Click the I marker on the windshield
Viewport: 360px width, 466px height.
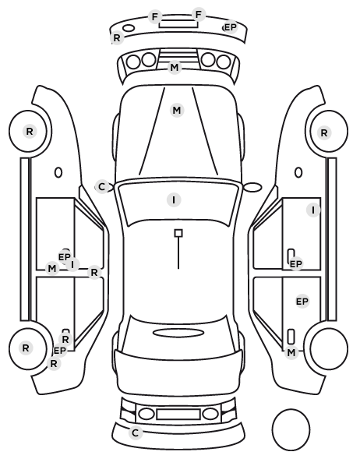coord(174,199)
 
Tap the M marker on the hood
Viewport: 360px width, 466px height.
coord(177,110)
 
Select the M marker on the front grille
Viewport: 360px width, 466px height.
coord(175,68)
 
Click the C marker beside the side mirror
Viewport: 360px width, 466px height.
coord(101,187)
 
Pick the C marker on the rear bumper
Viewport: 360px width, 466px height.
coord(136,432)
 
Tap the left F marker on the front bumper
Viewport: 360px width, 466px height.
coord(155,16)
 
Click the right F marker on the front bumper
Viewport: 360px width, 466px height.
coord(199,14)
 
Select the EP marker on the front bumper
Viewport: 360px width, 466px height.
coord(231,27)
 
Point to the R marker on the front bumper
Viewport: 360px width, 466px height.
coord(117,37)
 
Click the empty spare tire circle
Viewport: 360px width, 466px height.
coord(291,429)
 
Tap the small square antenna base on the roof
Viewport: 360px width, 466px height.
coord(178,233)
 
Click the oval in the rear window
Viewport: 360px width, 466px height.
coord(178,333)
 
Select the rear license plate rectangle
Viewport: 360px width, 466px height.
coord(178,415)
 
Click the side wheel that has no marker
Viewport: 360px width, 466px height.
coord(329,348)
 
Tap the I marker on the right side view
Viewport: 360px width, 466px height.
coord(313,210)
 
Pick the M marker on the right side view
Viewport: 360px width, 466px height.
coord(291,352)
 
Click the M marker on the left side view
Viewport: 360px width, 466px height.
coord(52,268)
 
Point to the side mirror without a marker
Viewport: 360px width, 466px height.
coord(252,187)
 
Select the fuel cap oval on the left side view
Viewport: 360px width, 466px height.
coord(58,172)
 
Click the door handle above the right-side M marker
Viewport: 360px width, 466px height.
coord(291,337)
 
